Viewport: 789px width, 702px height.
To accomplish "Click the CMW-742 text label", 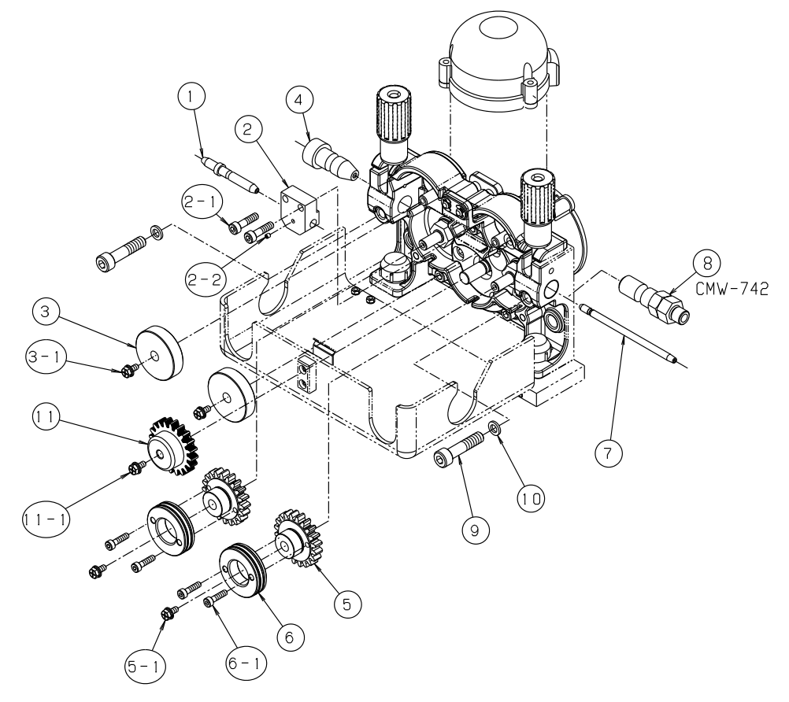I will click(732, 286).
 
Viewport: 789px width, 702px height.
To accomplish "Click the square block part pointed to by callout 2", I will click(302, 207).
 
